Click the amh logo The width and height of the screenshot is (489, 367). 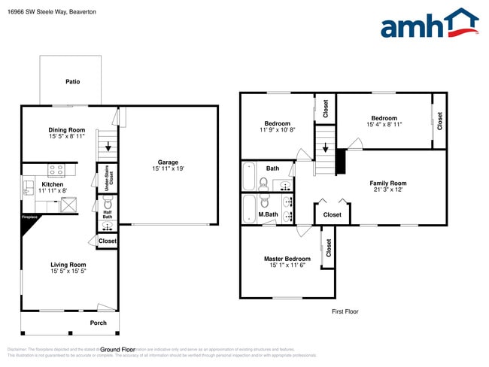coord(430,24)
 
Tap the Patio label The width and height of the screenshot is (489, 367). coord(72,82)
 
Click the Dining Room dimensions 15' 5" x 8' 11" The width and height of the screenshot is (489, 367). coord(67,137)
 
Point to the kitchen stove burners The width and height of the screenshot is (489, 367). coord(56,170)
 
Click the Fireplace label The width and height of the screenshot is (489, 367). coord(29,219)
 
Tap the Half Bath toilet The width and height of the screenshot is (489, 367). coord(107,204)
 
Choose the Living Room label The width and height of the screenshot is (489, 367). coord(68,265)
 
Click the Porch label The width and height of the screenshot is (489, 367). coord(99,323)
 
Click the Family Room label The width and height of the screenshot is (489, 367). coord(387,183)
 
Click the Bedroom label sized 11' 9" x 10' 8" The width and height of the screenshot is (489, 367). coord(278,123)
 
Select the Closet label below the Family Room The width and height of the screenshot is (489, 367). coord(332,214)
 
